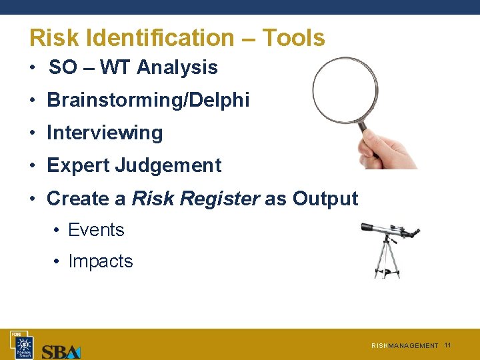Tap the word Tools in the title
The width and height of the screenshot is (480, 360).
[x=293, y=38]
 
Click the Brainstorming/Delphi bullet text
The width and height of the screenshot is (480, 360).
[x=148, y=101]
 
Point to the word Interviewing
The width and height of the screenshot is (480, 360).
[x=105, y=133]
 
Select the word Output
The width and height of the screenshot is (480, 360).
[x=325, y=199]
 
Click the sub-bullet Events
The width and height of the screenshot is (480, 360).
[x=96, y=230]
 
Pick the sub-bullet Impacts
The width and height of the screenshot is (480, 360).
[x=101, y=261]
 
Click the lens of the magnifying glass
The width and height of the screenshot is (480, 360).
[x=344, y=90]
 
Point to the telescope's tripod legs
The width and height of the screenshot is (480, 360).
[x=387, y=260]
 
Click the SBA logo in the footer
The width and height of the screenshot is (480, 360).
[x=61, y=351]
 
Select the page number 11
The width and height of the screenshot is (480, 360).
[x=447, y=345]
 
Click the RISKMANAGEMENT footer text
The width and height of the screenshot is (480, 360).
[x=405, y=346]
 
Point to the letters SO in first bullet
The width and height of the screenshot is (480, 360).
[x=63, y=67]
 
